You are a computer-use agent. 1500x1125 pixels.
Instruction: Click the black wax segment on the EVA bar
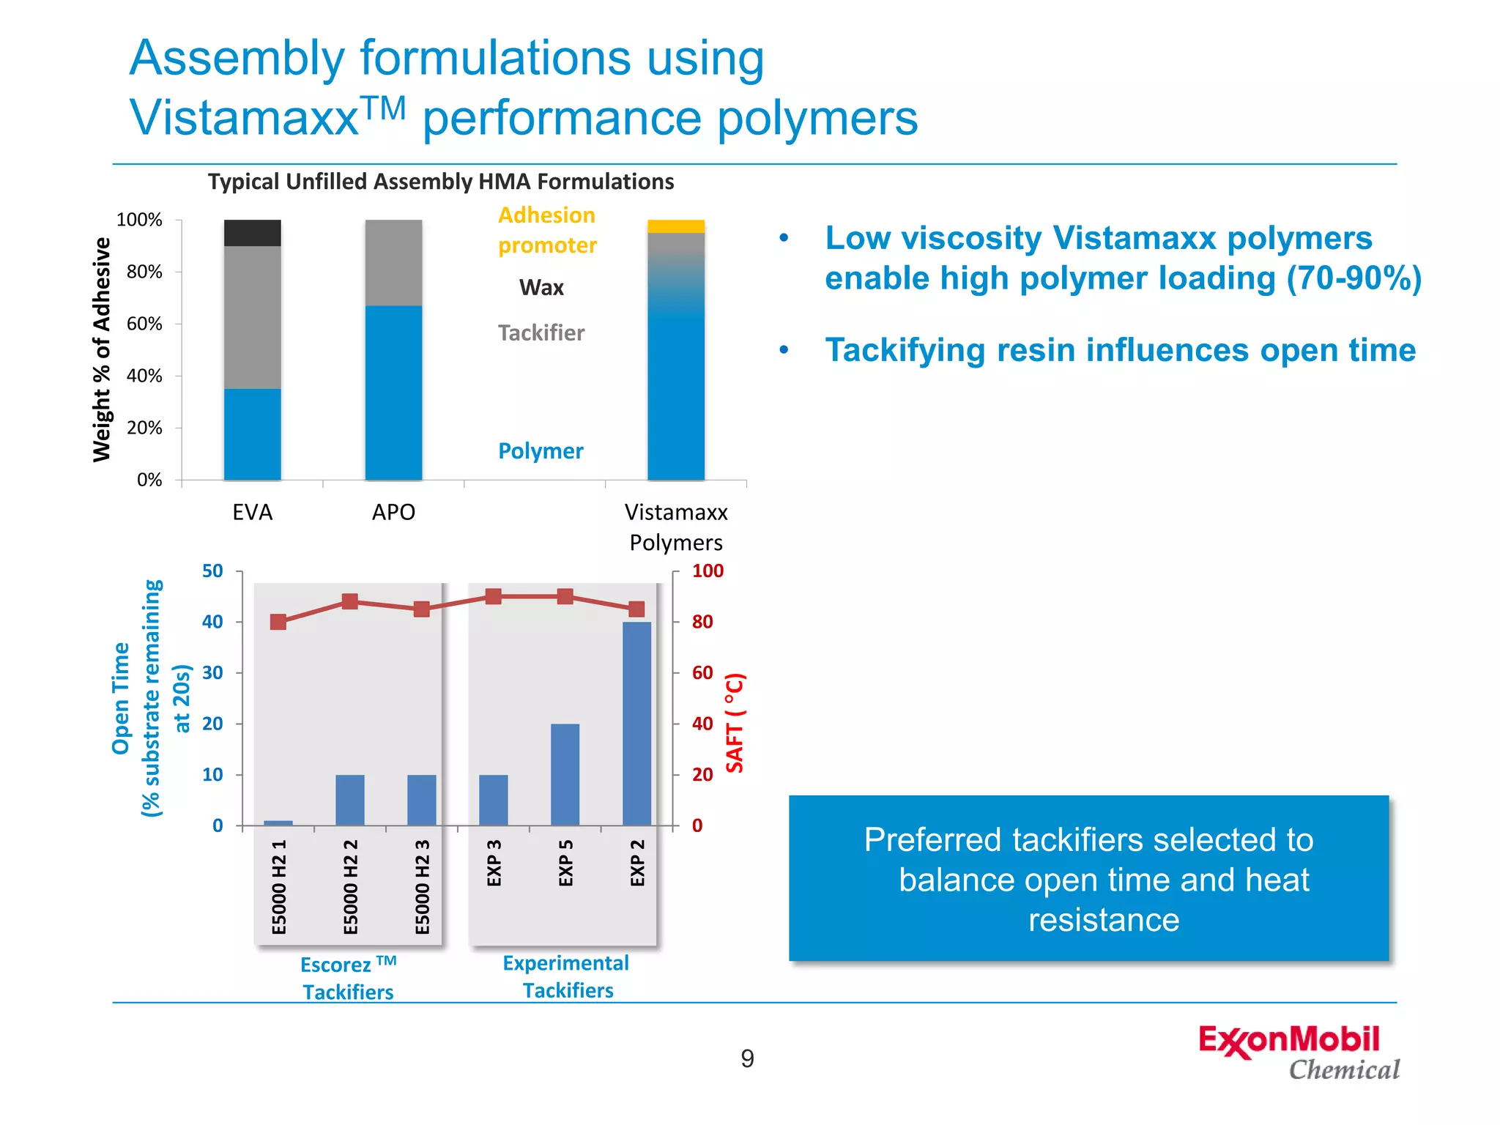click(252, 233)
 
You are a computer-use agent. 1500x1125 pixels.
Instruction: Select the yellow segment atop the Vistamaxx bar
click(675, 226)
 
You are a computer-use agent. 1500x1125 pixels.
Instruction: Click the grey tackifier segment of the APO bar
click(393, 262)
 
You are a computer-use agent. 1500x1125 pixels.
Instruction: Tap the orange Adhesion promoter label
click(546, 230)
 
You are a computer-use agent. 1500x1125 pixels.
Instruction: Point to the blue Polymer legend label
click(541, 450)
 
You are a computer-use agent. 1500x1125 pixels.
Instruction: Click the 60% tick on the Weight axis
click(145, 324)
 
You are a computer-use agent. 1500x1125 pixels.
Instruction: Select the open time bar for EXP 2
click(636, 723)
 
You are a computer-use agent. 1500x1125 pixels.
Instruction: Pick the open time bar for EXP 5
click(565, 774)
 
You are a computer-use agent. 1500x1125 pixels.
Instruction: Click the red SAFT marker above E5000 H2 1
click(278, 622)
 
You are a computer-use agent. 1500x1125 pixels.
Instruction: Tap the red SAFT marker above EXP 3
click(494, 596)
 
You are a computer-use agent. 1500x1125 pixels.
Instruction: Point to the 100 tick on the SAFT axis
click(707, 571)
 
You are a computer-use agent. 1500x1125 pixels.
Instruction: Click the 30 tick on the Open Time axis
click(212, 672)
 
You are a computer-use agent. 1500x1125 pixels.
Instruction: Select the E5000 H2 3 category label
click(422, 886)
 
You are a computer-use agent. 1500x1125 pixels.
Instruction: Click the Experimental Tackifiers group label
click(566, 976)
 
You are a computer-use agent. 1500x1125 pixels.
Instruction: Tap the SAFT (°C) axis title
click(735, 723)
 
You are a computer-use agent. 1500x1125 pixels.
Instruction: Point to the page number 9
click(747, 1058)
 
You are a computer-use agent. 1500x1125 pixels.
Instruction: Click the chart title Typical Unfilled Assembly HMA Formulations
click(440, 182)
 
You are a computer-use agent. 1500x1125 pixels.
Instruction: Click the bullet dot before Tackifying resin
click(784, 350)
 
